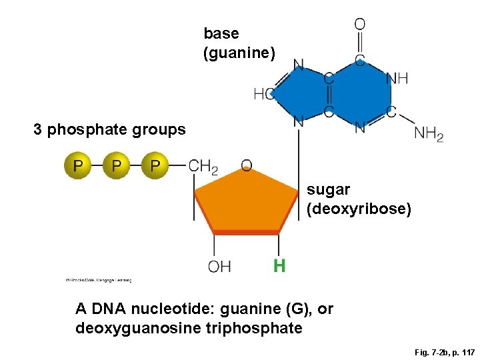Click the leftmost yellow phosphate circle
(78, 165)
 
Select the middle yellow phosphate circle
(117, 165)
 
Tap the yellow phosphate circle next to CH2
(155, 165)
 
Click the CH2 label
(203, 166)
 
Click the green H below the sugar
(279, 267)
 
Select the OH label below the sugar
(219, 267)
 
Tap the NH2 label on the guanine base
(429, 134)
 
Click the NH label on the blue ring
(397, 79)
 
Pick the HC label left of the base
(263, 95)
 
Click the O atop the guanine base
(359, 24)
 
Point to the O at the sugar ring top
(246, 165)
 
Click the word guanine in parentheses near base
(239, 52)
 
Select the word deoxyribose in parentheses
(359, 209)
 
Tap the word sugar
(324, 190)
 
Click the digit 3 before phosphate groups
(37, 129)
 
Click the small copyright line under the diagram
(99, 280)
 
